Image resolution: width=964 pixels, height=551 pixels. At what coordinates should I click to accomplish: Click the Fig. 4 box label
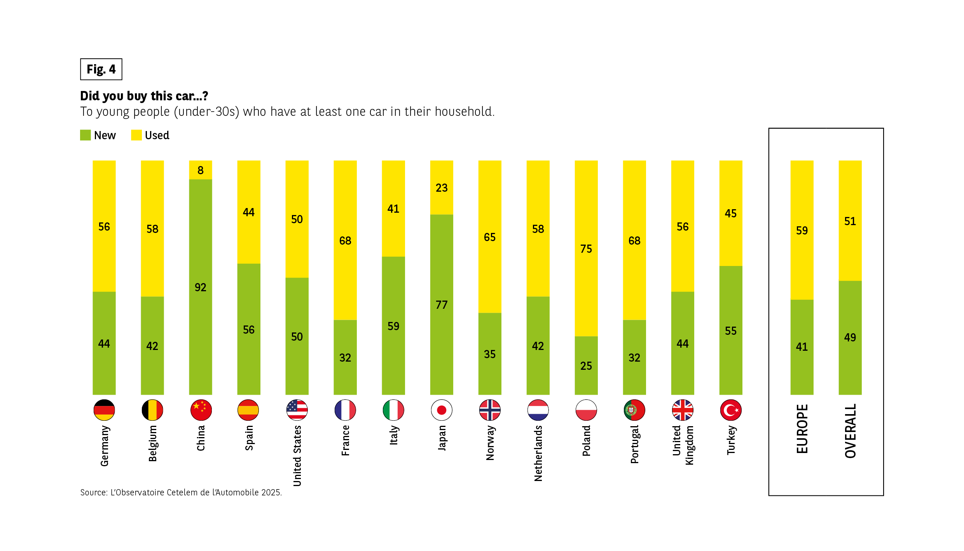[101, 69]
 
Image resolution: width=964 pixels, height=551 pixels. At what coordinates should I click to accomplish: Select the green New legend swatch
[86, 135]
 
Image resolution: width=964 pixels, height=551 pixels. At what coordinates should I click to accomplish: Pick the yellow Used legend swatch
[136, 135]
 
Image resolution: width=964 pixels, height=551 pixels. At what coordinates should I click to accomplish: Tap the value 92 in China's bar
[200, 287]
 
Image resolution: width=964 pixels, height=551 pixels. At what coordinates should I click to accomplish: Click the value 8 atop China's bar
[200, 170]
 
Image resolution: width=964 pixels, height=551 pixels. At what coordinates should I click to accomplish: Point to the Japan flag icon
[442, 410]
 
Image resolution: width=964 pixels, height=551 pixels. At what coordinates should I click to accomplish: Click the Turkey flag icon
[731, 410]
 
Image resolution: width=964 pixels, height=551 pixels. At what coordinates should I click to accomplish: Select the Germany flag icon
[104, 410]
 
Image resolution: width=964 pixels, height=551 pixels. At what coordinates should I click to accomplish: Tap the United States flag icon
[297, 410]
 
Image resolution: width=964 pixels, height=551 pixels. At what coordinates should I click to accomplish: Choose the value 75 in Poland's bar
[586, 249]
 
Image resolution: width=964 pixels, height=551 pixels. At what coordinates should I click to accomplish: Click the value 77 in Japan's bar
[442, 305]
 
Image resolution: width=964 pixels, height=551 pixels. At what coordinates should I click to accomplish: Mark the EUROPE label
[802, 429]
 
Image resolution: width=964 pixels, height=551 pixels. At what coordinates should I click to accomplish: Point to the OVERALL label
[850, 431]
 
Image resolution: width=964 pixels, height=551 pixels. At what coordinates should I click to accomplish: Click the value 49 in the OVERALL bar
[850, 338]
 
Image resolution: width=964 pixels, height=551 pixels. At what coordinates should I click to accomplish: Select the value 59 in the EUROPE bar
[802, 231]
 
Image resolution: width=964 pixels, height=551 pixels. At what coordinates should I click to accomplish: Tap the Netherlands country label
[538, 453]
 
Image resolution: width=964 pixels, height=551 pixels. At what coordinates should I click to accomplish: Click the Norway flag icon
[490, 410]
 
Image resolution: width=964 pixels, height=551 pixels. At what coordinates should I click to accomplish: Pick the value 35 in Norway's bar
[490, 354]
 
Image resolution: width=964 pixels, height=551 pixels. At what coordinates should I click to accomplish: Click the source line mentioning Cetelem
[181, 492]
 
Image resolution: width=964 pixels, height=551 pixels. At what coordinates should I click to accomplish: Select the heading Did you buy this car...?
[144, 96]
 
